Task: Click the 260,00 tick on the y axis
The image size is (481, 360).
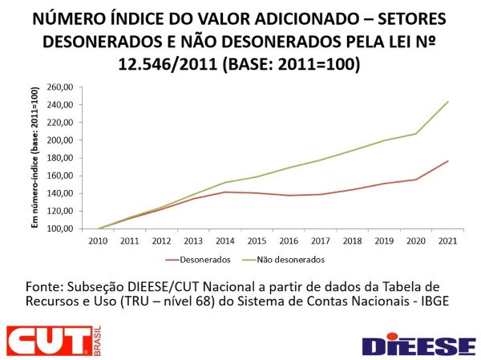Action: point(62,87)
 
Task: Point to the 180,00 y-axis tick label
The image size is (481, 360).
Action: point(62,158)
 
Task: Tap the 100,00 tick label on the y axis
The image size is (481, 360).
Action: point(62,229)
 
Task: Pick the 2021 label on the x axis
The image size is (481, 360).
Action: point(447,240)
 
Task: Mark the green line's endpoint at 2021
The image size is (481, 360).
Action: point(448,102)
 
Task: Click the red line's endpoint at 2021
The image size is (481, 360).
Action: point(448,161)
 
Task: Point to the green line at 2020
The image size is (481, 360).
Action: point(415,133)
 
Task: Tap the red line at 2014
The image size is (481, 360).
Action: point(226,192)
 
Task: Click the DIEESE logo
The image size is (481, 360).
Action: point(418,344)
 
